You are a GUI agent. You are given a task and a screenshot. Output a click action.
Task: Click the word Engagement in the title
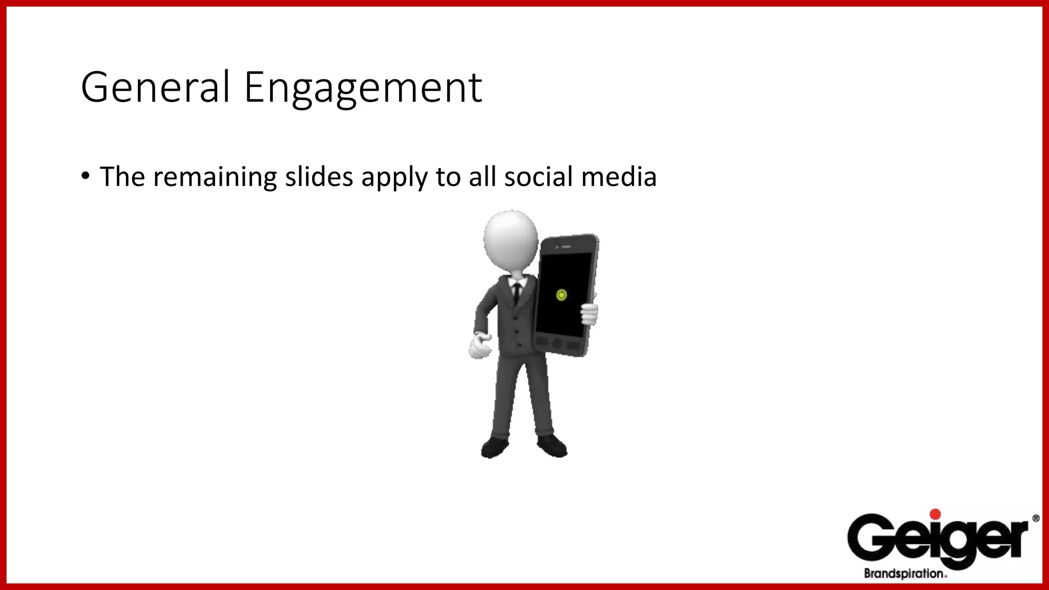click(363, 88)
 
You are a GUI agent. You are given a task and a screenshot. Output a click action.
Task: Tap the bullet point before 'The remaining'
click(86, 176)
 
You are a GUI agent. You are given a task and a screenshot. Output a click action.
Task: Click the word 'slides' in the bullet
click(319, 177)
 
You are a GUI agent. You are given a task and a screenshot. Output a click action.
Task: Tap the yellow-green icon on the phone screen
click(561, 295)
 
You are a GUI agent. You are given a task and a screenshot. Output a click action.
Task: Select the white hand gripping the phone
click(589, 313)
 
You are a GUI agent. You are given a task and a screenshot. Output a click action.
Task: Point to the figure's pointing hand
click(480, 346)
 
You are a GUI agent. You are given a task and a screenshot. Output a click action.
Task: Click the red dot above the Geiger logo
click(935, 515)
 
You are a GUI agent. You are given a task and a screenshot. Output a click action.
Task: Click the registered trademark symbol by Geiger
click(1036, 518)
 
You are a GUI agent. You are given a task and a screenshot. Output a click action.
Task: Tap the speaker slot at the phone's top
click(566, 247)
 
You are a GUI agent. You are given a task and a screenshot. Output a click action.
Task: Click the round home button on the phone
click(557, 343)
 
